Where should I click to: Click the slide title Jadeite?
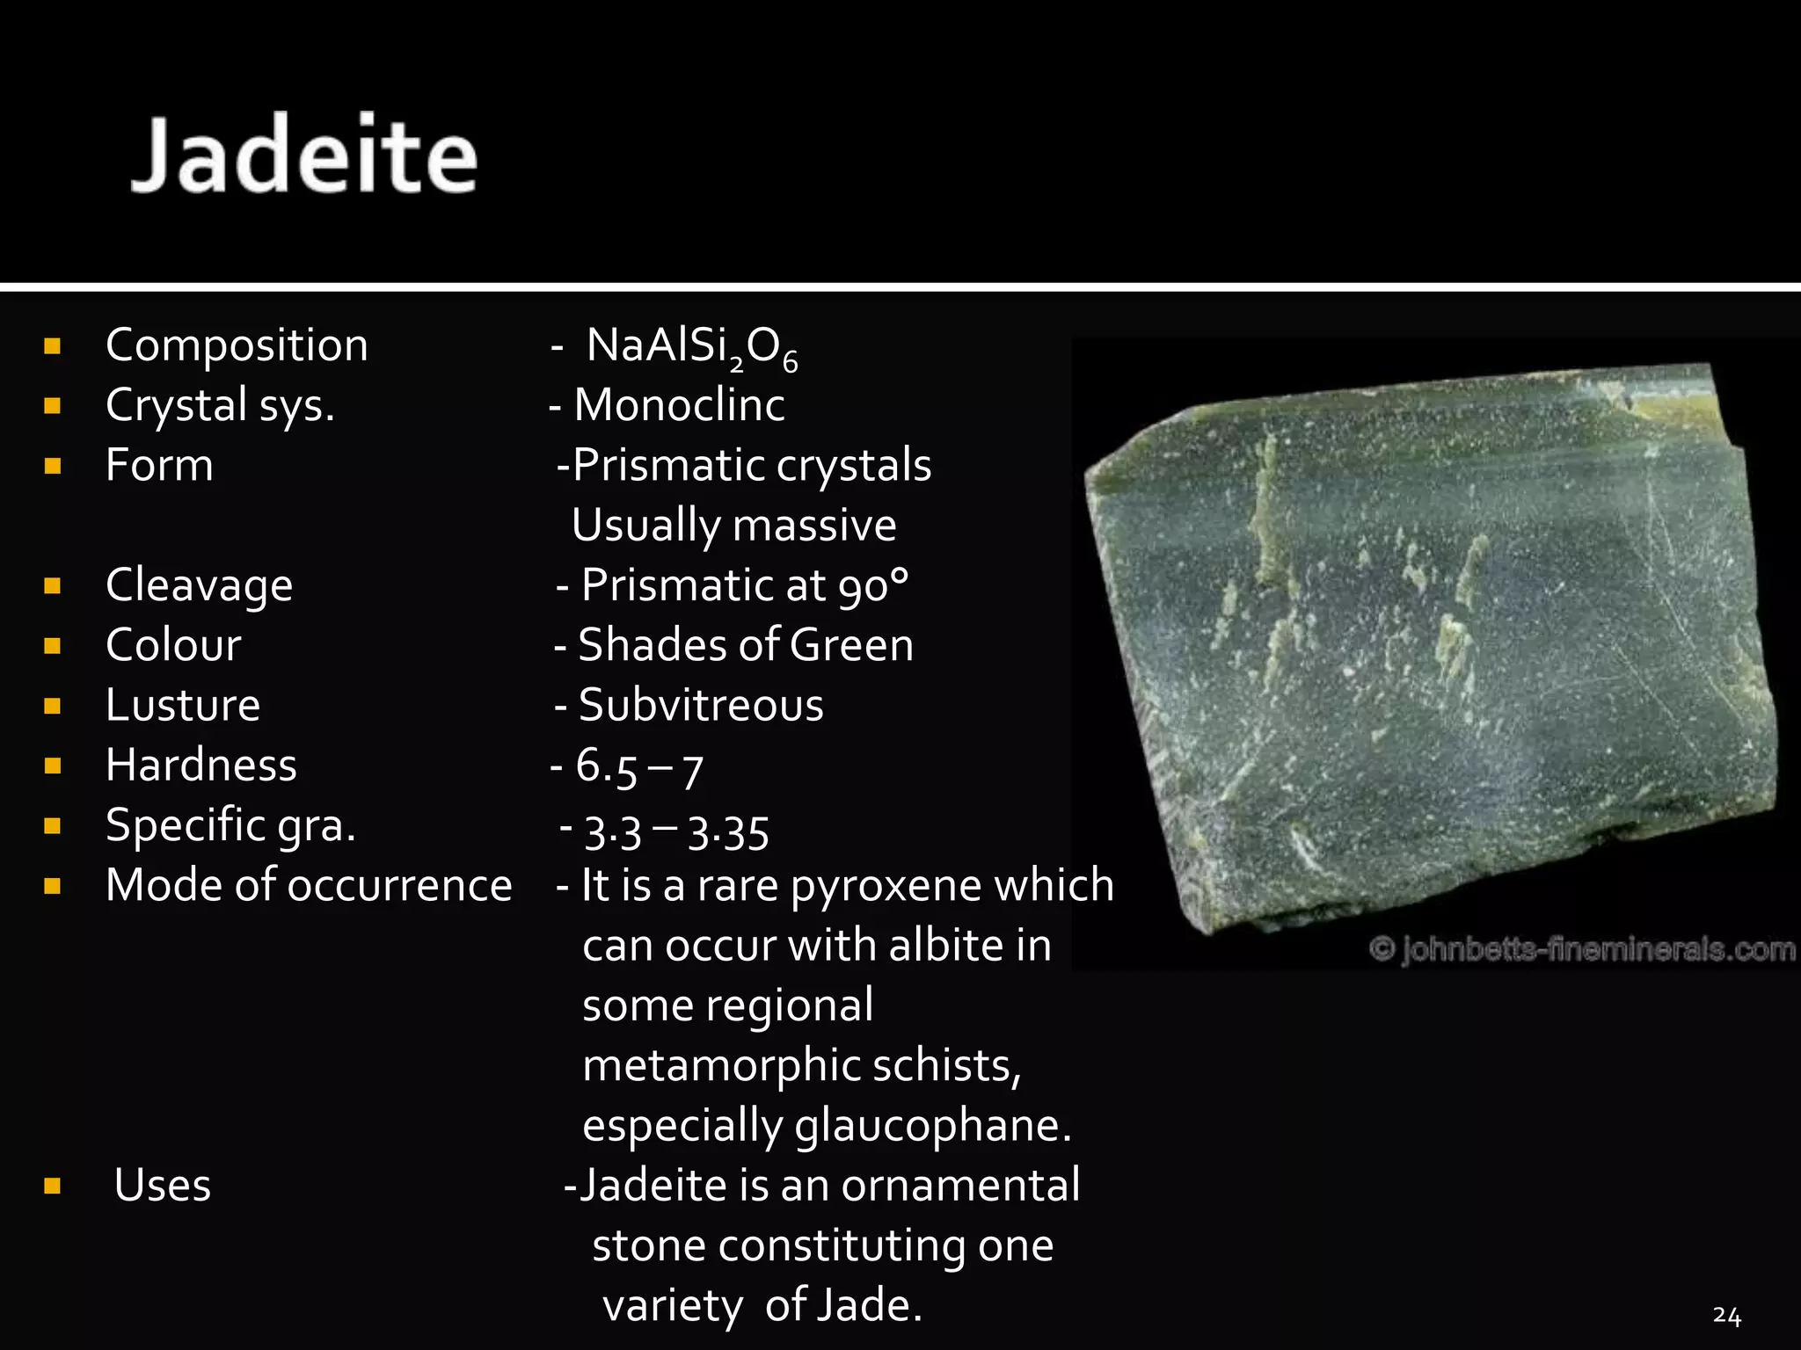(303, 155)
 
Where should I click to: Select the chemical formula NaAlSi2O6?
(691, 347)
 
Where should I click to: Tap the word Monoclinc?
(679, 405)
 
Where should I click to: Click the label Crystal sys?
(220, 406)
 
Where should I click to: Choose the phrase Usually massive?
(733, 526)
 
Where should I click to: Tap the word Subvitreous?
(701, 705)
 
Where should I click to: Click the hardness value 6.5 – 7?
(638, 766)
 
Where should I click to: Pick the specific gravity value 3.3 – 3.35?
(676, 831)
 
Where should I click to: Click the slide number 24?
(1726, 1316)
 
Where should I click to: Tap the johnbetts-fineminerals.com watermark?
(1582, 950)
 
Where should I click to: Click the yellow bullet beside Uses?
(52, 1187)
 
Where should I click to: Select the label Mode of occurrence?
(309, 885)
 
